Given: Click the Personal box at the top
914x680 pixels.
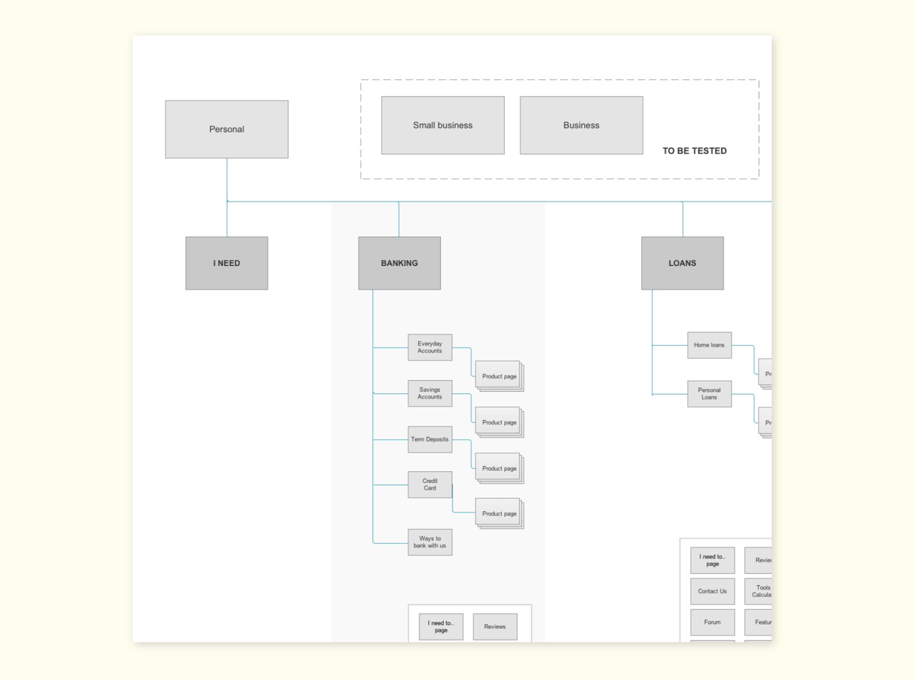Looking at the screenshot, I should click(x=226, y=129).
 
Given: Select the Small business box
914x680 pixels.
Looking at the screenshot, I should click(x=443, y=125).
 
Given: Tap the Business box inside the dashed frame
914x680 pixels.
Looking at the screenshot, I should click(x=581, y=125).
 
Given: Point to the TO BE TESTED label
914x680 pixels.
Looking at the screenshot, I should click(x=695, y=150).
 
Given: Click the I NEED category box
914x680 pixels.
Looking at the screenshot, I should click(x=226, y=263).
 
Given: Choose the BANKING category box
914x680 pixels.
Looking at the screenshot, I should click(x=399, y=263).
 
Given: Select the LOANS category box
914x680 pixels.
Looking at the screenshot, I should click(x=682, y=263).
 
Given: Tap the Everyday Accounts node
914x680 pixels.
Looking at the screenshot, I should click(x=429, y=347).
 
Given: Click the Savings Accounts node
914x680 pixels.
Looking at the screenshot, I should click(x=429, y=393).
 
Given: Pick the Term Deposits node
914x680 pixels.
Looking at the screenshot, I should click(x=429, y=439).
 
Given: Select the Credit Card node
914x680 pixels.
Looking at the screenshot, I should click(x=429, y=484).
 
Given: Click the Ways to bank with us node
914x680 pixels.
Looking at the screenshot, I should click(x=429, y=542).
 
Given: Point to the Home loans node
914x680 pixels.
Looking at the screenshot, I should click(x=709, y=345).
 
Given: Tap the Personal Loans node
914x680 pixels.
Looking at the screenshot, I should click(x=709, y=394).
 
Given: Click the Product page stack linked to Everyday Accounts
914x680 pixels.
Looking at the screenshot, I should click(x=499, y=376).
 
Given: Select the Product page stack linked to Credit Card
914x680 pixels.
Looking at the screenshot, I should click(x=499, y=513).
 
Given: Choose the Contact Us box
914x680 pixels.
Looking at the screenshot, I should click(x=712, y=591).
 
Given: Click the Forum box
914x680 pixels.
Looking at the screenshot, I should click(x=712, y=622).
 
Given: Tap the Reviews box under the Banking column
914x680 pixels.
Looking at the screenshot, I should click(x=494, y=627).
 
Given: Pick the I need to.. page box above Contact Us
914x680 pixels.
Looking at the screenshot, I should click(x=712, y=560).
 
